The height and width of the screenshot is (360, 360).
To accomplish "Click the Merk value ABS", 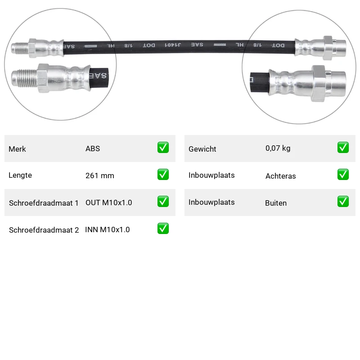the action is (x=93, y=148).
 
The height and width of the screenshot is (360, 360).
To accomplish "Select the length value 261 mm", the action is (x=99, y=175).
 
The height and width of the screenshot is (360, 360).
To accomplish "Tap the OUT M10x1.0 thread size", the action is (x=108, y=202).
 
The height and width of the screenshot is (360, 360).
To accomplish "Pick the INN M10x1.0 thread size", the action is (x=108, y=229).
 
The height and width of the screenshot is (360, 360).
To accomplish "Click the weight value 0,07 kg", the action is (x=278, y=148).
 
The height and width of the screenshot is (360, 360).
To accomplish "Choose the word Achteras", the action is (x=280, y=176).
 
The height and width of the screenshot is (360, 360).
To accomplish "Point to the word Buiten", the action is (x=276, y=203).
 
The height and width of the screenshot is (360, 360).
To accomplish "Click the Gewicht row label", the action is (x=202, y=149).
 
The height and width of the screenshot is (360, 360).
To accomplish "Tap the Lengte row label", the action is (x=20, y=175).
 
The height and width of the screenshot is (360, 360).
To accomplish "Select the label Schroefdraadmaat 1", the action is (x=44, y=203).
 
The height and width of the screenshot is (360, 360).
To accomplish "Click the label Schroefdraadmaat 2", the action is (x=44, y=230).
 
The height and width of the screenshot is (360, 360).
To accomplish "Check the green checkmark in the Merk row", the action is (x=163, y=148).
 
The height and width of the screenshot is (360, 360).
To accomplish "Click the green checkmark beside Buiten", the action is (x=343, y=201).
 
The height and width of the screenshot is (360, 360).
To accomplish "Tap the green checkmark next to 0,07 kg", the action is (x=343, y=148).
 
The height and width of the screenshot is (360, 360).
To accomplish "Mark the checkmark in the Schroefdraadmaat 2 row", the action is (x=163, y=229).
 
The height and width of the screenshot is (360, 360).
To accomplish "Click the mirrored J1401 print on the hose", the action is (x=173, y=45).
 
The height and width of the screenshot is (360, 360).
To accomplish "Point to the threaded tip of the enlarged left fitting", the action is (x=24, y=78).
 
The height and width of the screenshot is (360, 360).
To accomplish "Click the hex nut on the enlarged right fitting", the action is (x=319, y=84).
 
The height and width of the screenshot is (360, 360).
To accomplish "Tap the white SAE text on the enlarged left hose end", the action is (x=98, y=75).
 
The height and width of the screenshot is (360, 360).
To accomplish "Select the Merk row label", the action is (x=17, y=149).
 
